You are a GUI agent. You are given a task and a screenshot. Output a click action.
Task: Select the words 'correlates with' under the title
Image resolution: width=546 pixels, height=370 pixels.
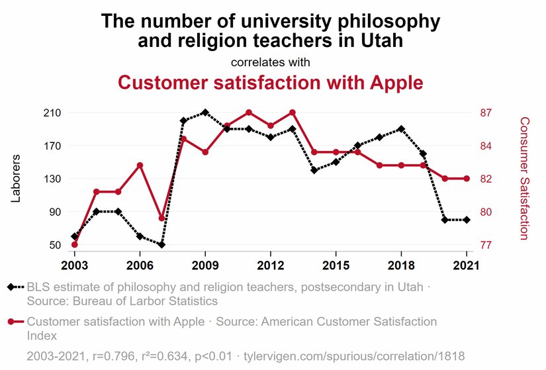point(270,63)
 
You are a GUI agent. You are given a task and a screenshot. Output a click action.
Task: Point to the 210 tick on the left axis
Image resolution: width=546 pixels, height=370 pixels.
point(52,113)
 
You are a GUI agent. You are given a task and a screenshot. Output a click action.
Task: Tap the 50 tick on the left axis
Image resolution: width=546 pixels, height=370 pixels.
point(55,245)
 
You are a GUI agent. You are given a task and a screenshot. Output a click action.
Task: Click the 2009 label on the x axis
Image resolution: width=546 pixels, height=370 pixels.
point(205,265)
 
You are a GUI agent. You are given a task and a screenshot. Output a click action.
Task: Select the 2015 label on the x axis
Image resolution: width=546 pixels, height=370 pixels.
point(336,265)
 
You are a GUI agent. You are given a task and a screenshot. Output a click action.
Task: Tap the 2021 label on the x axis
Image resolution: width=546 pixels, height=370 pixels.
point(467,265)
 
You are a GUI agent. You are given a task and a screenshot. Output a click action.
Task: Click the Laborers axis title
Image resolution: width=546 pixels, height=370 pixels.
point(17,178)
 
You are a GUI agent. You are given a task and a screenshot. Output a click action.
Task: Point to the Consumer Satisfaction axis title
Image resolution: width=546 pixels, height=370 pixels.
point(524,178)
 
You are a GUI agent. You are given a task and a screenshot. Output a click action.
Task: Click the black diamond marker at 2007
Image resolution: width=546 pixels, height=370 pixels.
point(161,245)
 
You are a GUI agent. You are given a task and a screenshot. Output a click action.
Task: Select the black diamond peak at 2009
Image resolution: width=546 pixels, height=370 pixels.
point(205,113)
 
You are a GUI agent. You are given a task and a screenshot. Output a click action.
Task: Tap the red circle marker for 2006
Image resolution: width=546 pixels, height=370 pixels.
point(140,165)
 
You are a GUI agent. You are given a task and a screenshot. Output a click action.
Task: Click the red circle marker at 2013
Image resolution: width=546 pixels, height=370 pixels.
point(292,113)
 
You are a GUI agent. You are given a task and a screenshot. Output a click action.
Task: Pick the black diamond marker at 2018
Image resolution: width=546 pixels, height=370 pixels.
point(401,129)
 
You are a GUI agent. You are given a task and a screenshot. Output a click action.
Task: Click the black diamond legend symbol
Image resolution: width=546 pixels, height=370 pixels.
point(12,287)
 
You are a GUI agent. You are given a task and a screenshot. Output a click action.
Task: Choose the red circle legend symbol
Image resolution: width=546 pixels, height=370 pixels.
point(12,322)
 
